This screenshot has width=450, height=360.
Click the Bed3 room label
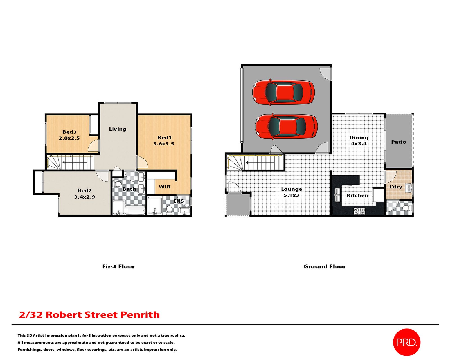tap(69, 132)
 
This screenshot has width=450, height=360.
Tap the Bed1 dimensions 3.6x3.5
tap(163, 143)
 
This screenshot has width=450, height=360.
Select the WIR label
tap(165, 187)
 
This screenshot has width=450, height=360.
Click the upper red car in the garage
tap(283, 92)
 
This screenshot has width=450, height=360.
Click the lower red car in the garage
tap(286, 127)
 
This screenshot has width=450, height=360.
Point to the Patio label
tap(399, 142)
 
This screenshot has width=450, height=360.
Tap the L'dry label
tap(395, 187)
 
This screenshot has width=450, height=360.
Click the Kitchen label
tap(357, 195)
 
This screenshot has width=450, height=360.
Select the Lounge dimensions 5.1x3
tap(291, 195)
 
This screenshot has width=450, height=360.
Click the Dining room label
tap(359, 137)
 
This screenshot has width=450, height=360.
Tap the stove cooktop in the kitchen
tap(359, 210)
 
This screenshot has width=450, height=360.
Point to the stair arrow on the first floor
tap(64, 162)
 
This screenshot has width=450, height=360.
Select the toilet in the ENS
tap(169, 210)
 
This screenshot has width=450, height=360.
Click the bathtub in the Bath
tap(135, 210)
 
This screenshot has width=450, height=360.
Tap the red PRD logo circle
tap(406, 342)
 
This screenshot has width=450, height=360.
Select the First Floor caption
tap(118, 266)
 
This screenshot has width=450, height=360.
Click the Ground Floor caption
tap(325, 266)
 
